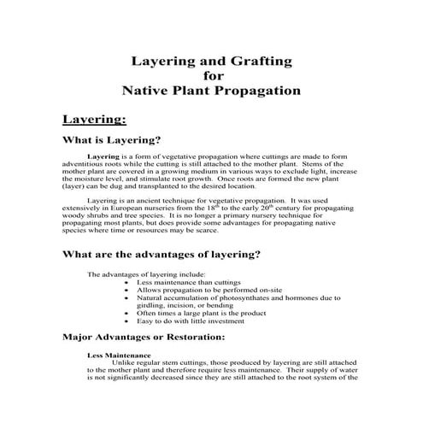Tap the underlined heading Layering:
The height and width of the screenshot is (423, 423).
tap(94, 118)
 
